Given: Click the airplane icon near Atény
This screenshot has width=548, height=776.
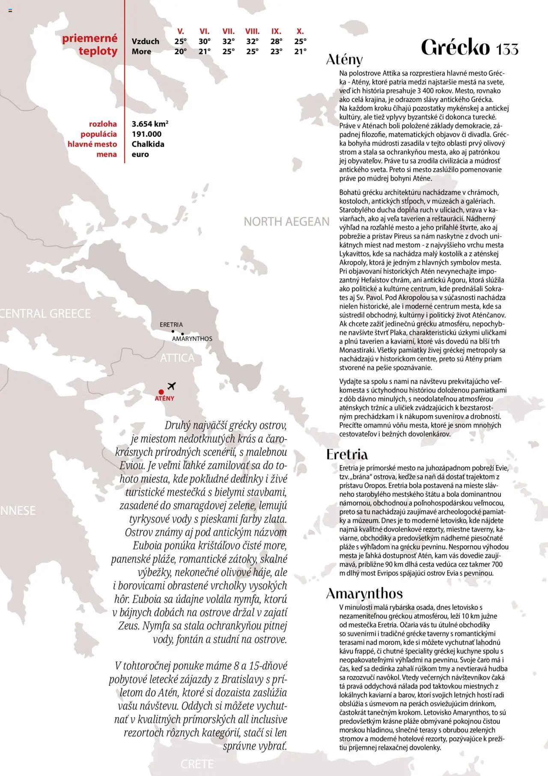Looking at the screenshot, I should coord(172,386).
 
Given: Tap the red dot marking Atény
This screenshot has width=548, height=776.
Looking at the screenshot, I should coord(161,392).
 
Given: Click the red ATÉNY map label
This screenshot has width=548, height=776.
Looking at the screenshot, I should coord(164,399).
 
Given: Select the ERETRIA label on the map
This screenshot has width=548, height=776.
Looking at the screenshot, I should coord(171,325).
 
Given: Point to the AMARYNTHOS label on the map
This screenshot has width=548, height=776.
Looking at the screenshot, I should coord(192,339).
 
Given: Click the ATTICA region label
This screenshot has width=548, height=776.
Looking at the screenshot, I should coord(177,358).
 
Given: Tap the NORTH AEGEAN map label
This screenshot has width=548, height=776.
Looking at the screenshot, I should coord(286,222).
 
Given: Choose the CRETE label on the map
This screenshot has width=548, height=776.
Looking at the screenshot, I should coord(197,764).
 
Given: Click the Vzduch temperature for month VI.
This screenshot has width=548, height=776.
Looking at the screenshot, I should coord(204,42).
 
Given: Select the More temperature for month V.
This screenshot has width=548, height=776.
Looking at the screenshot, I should coord(180,52).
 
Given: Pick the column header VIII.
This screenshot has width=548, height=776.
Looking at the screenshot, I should coord(252,31).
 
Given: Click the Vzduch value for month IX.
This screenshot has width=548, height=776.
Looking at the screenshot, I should coord(276,42).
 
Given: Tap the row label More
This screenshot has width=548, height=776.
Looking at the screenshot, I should coord(141,52).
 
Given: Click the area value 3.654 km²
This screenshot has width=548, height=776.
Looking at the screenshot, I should coord(150,124).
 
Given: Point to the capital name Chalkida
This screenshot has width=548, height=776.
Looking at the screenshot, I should coord(148,144).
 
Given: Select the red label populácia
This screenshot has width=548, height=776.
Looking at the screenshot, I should coord(98,134).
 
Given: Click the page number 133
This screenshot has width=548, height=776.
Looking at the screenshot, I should coord(507,49).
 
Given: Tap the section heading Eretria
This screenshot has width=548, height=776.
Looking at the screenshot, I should coord(347,454).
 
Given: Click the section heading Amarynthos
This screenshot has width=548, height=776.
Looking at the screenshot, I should coord(364,593).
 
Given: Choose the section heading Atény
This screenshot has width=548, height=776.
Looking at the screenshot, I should coord(344,60).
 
